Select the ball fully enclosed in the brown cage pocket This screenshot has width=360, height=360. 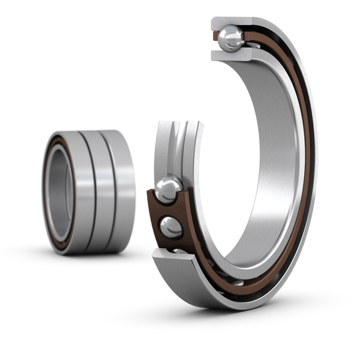[170, 227]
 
